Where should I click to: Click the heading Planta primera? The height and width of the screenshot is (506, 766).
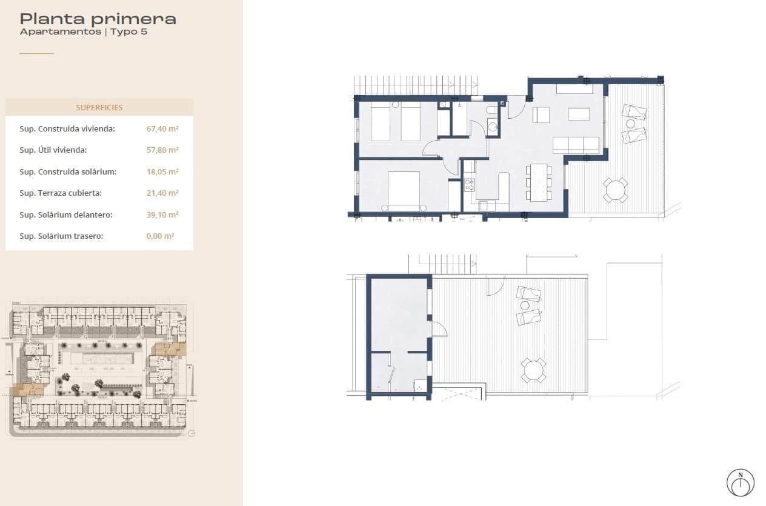[98, 18]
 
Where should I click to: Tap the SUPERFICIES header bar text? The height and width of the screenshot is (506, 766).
[99, 108]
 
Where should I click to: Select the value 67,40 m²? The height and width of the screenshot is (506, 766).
[162, 128]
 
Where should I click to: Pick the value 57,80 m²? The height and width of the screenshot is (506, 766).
[162, 150]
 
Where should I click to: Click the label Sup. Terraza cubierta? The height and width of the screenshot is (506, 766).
[61, 193]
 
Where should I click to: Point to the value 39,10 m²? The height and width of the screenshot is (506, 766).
[162, 215]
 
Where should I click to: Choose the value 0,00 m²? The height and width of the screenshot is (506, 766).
[161, 236]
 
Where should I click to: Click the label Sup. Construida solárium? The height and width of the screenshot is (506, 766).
[68, 171]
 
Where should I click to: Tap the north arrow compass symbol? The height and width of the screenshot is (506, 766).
[740, 483]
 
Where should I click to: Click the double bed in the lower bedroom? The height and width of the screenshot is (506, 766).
[404, 190]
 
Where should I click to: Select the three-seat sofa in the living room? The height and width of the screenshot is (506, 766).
[576, 145]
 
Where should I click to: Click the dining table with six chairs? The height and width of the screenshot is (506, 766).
[539, 182]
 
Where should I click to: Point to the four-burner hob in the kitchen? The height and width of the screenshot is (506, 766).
[469, 184]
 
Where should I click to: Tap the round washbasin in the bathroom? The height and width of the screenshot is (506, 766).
[493, 127]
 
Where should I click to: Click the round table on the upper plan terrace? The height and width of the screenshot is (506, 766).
[615, 190]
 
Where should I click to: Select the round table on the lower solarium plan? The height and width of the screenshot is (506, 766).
[534, 370]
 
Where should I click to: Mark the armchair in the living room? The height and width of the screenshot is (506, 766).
[541, 115]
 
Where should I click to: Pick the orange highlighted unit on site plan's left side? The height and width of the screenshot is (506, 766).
[28, 390]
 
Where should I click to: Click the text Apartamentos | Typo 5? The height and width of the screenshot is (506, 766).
[84, 32]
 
